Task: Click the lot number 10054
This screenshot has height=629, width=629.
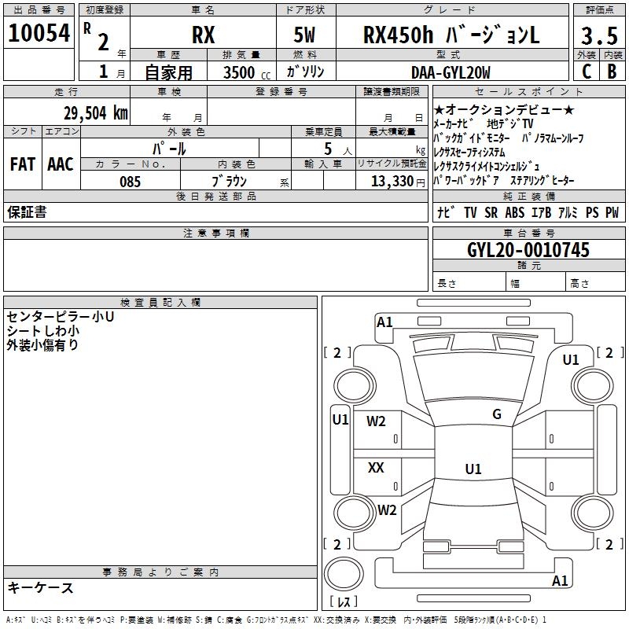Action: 39,33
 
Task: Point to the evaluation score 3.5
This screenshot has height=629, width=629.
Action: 599,36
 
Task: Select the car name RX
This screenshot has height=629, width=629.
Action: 203,35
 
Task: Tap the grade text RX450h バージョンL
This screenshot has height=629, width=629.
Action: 451,35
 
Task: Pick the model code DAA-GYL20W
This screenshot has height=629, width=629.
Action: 451,72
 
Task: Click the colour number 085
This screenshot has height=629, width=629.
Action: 130,182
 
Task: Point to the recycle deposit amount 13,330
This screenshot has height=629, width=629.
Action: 392,182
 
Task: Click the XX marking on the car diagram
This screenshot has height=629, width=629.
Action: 376,468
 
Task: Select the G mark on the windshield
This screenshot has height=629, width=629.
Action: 496,414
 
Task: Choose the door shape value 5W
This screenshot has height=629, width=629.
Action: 307,35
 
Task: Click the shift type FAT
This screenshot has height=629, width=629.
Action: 22,164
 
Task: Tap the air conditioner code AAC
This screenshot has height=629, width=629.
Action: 60,164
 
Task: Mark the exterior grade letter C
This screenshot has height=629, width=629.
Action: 586,72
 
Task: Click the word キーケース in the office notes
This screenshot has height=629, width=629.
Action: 40,587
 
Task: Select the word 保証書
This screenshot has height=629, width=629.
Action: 27,212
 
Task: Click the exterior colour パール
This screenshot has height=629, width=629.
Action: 169,149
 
